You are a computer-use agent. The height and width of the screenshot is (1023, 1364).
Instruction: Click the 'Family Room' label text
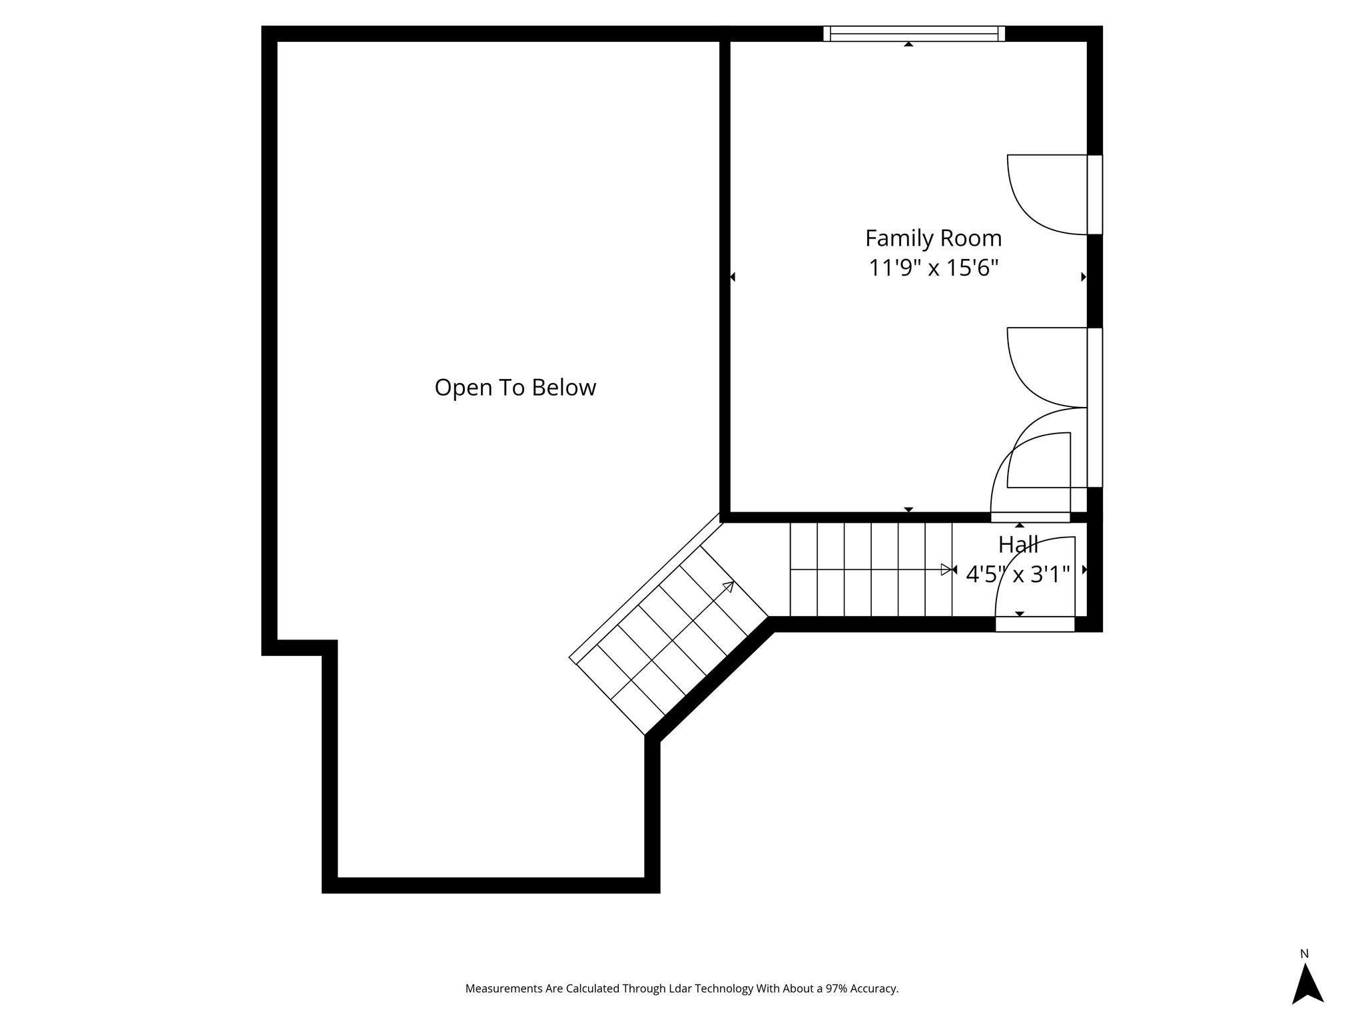tap(933, 238)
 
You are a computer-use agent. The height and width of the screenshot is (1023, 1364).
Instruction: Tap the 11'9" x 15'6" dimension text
tap(933, 268)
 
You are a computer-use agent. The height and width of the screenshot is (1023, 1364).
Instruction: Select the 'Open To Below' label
tap(515, 387)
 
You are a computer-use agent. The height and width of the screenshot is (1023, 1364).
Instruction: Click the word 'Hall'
tap(1018, 545)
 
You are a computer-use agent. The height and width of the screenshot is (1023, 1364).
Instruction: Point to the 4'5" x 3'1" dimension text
tap(1018, 574)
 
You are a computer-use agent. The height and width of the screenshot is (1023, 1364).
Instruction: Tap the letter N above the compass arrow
tap(1304, 954)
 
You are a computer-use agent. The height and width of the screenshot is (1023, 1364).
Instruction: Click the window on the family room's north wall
tap(914, 33)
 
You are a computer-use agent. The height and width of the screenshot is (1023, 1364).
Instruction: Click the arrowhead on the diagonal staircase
tap(729, 586)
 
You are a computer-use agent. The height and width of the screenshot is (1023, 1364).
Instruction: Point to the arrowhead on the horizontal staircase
tap(946, 569)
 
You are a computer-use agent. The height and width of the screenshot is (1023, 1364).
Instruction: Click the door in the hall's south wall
tap(1035, 624)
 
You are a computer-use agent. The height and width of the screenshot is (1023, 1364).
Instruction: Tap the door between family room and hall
tap(1030, 517)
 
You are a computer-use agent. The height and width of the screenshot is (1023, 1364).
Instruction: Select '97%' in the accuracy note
tap(837, 988)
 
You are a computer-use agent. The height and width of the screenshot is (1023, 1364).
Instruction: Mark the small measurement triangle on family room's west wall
tap(733, 276)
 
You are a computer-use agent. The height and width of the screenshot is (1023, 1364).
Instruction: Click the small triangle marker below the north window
tap(908, 44)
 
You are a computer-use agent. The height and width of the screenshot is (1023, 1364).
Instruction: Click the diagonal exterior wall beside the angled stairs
tap(709, 679)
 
